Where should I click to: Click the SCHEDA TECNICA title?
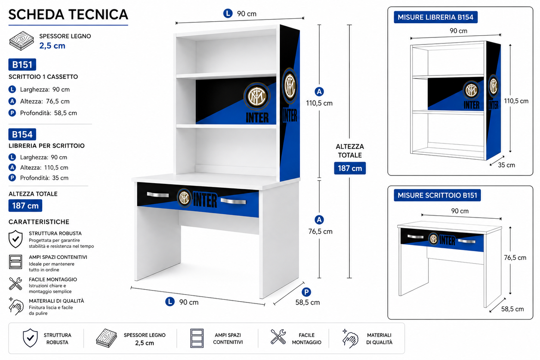click(x=68, y=15)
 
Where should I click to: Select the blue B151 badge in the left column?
click(x=22, y=65)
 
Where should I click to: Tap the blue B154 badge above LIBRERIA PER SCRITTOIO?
click(x=22, y=134)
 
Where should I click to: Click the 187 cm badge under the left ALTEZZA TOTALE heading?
click(x=25, y=206)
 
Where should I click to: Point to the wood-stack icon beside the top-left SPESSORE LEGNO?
click(x=21, y=40)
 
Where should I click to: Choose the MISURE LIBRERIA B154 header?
click(x=436, y=17)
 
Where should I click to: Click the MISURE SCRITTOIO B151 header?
click(x=437, y=195)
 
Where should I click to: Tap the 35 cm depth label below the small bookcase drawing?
click(x=506, y=165)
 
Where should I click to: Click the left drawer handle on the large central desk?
click(x=158, y=195)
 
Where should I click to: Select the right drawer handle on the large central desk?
click(x=233, y=201)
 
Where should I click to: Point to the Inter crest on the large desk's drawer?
click(x=184, y=198)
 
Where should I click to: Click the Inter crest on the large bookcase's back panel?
click(x=257, y=96)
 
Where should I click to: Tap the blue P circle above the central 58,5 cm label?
click(x=306, y=292)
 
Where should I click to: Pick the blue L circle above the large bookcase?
click(x=228, y=13)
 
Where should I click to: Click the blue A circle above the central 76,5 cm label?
click(x=319, y=220)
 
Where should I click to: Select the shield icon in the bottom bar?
click(x=30, y=338)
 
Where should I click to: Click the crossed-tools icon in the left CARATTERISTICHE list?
click(x=15, y=284)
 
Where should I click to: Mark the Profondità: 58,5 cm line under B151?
click(x=43, y=113)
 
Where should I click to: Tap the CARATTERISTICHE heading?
click(x=39, y=222)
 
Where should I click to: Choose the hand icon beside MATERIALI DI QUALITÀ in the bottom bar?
click(x=351, y=339)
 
